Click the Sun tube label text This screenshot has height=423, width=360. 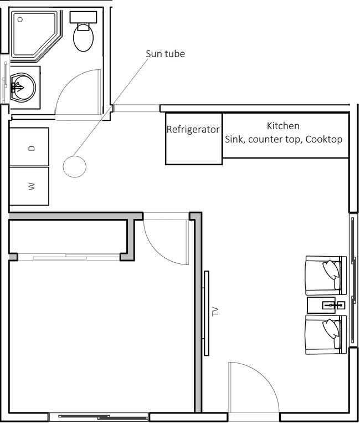(165, 54)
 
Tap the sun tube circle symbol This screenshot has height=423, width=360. (74, 166)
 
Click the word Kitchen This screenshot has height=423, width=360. (283, 126)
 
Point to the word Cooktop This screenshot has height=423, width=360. (324, 139)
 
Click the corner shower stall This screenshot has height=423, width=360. (33, 33)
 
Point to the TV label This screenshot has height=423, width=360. (215, 312)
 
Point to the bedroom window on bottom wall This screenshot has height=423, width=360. (99, 416)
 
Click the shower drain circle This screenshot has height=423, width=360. (20, 19)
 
